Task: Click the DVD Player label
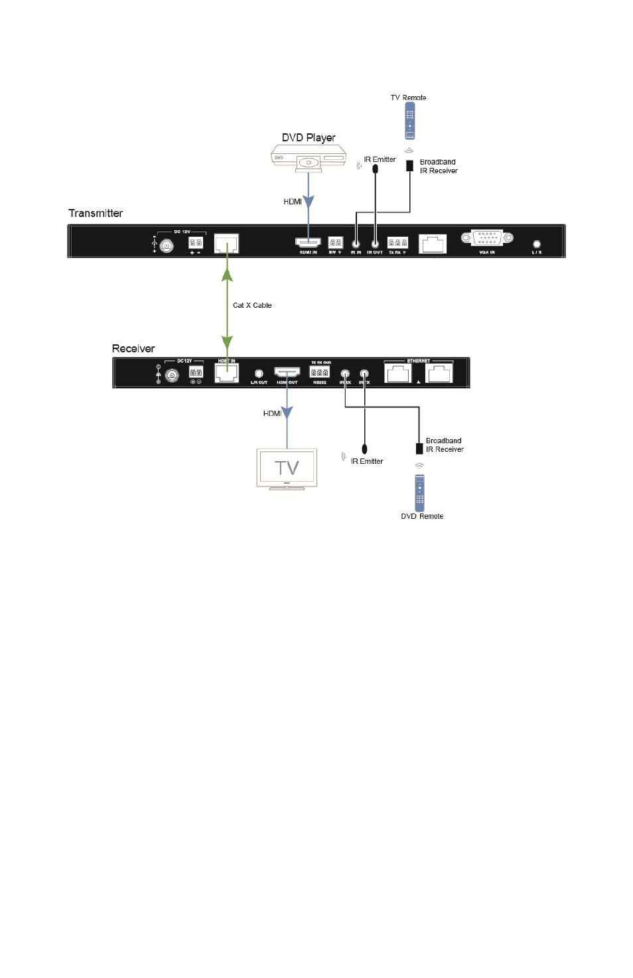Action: tap(309, 138)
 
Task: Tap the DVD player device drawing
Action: tap(309, 160)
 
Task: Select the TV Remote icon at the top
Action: tap(410, 121)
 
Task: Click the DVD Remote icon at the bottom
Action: tap(419, 492)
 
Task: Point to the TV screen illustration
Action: tap(287, 468)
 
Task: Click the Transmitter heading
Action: tap(96, 213)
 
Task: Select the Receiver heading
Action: tap(133, 349)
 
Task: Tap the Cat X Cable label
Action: tap(252, 305)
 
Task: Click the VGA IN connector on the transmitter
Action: tap(487, 238)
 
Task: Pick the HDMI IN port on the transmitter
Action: tap(308, 242)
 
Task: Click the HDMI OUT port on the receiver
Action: tap(287, 372)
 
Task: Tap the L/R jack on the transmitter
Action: tap(537, 244)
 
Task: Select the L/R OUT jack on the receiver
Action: tap(259, 374)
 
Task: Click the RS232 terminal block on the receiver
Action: tap(319, 372)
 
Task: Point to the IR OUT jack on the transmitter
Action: tap(375, 244)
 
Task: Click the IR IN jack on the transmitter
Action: tap(356, 244)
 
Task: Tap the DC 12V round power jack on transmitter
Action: tap(167, 246)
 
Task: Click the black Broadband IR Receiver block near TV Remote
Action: tap(410, 165)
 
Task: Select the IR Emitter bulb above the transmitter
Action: tap(376, 169)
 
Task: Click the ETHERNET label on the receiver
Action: tap(418, 361)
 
